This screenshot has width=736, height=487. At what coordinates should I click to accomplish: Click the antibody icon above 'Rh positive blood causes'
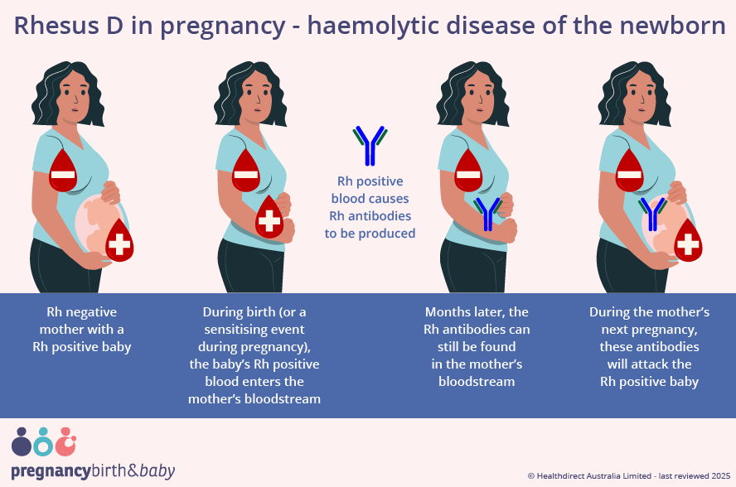370,146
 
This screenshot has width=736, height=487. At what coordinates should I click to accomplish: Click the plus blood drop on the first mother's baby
119,242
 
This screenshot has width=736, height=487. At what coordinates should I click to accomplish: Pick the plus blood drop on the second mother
269,219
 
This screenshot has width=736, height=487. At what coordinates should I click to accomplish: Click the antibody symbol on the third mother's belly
487,214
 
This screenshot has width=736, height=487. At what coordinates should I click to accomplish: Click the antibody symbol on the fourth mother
654,214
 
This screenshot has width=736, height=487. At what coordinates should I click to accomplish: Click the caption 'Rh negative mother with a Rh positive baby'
82,329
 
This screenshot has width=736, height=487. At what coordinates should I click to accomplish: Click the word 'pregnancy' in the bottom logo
51,471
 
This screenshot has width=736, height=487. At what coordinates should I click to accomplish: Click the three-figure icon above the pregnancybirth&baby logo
44,442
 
